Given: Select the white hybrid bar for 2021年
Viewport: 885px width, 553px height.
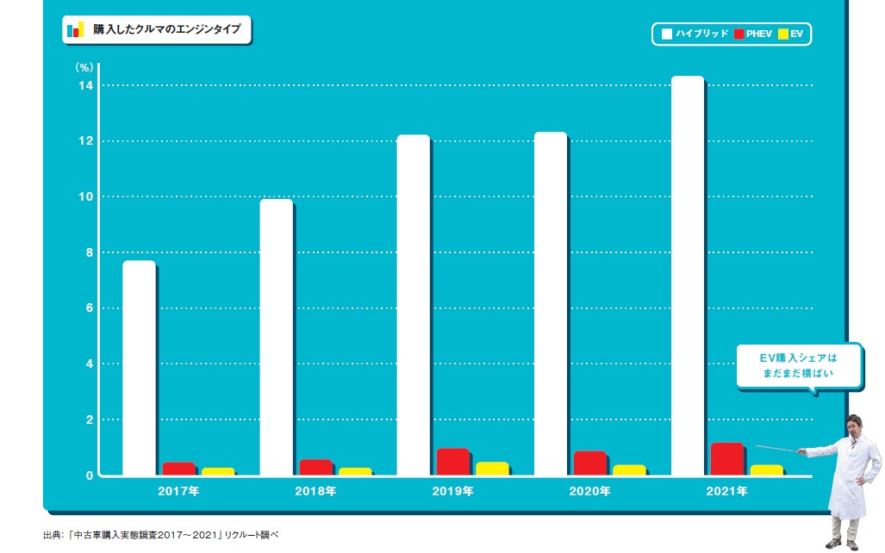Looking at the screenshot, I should click(x=688, y=276).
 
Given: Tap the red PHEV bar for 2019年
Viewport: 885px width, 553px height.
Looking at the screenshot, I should click(x=452, y=462).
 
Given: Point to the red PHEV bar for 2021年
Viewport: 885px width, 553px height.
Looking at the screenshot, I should click(x=726, y=458).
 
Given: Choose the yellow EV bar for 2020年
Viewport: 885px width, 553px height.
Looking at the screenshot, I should click(x=629, y=469).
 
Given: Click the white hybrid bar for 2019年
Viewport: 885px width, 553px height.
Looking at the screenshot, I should click(x=413, y=304).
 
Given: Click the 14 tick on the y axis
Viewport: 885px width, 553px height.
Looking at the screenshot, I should click(x=84, y=85).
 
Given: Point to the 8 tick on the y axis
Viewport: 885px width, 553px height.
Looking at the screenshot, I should click(x=87, y=252).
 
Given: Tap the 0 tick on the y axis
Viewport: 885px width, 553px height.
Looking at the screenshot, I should click(x=88, y=475).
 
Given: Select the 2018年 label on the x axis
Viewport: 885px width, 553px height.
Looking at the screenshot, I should click(x=315, y=492).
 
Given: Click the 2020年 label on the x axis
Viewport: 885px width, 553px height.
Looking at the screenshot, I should click(x=589, y=492).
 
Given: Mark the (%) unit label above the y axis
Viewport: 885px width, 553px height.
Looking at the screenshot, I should click(x=84, y=66).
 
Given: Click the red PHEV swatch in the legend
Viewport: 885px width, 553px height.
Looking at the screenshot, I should click(x=739, y=34).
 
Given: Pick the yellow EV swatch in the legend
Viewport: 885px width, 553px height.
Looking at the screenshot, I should click(x=783, y=34).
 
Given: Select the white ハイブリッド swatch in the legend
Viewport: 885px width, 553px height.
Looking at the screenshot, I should click(x=666, y=34).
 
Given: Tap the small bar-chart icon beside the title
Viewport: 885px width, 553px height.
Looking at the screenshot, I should click(x=75, y=29).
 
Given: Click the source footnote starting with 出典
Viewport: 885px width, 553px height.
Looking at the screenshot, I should click(x=160, y=535).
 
